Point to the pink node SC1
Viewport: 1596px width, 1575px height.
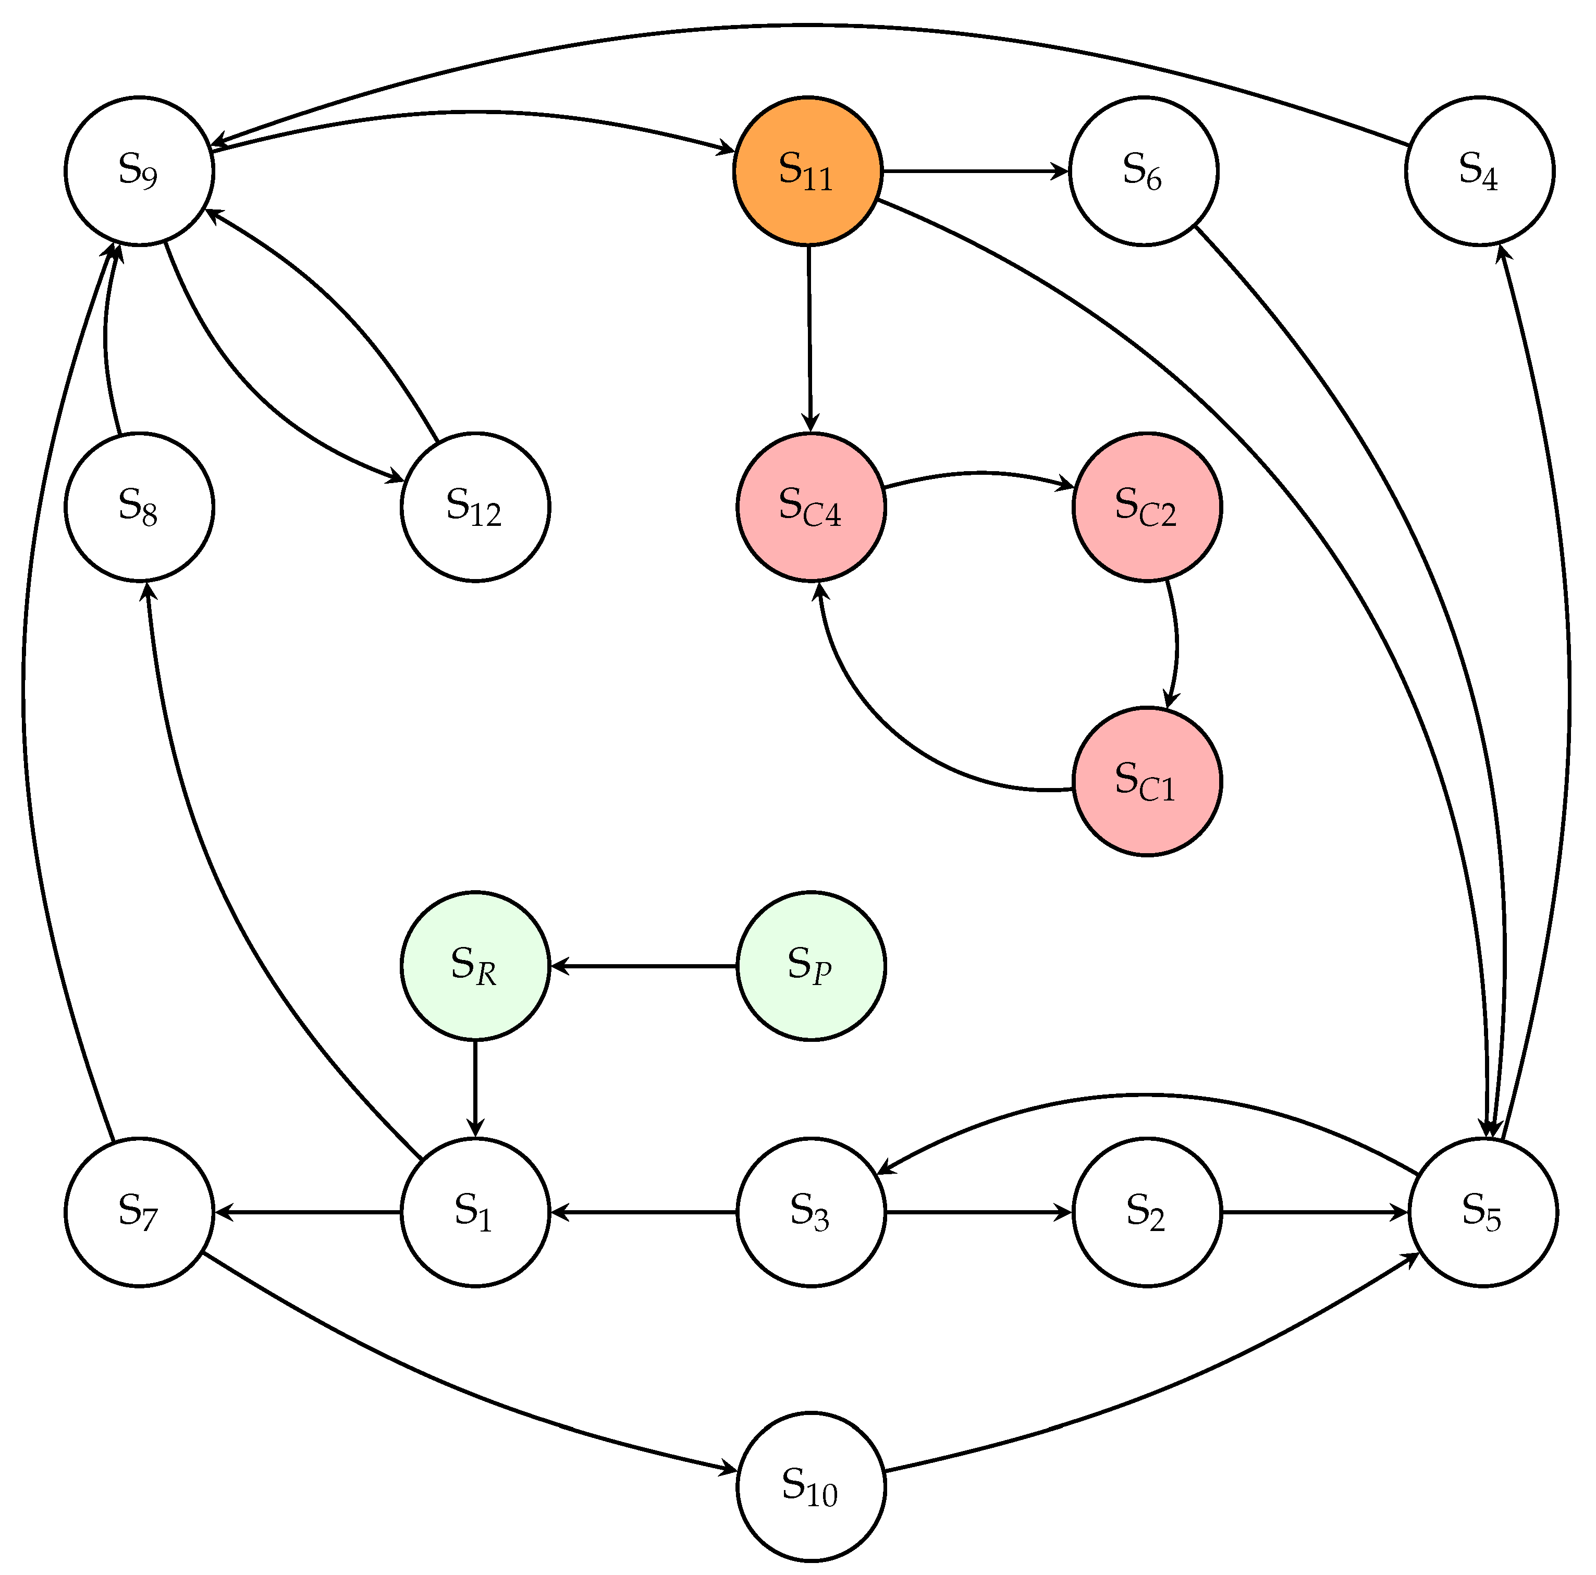[x=1147, y=781]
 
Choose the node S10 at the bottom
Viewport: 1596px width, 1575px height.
[x=811, y=1486]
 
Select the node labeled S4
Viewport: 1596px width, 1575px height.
[x=1479, y=171]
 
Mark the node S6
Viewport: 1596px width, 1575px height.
[x=1143, y=171]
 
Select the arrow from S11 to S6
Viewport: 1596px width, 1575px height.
[x=975, y=171]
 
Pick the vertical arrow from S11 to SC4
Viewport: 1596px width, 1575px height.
[x=809, y=339]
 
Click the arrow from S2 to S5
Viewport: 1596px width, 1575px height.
[x=1313, y=1212]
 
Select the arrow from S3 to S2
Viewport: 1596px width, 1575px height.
[x=978, y=1212]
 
